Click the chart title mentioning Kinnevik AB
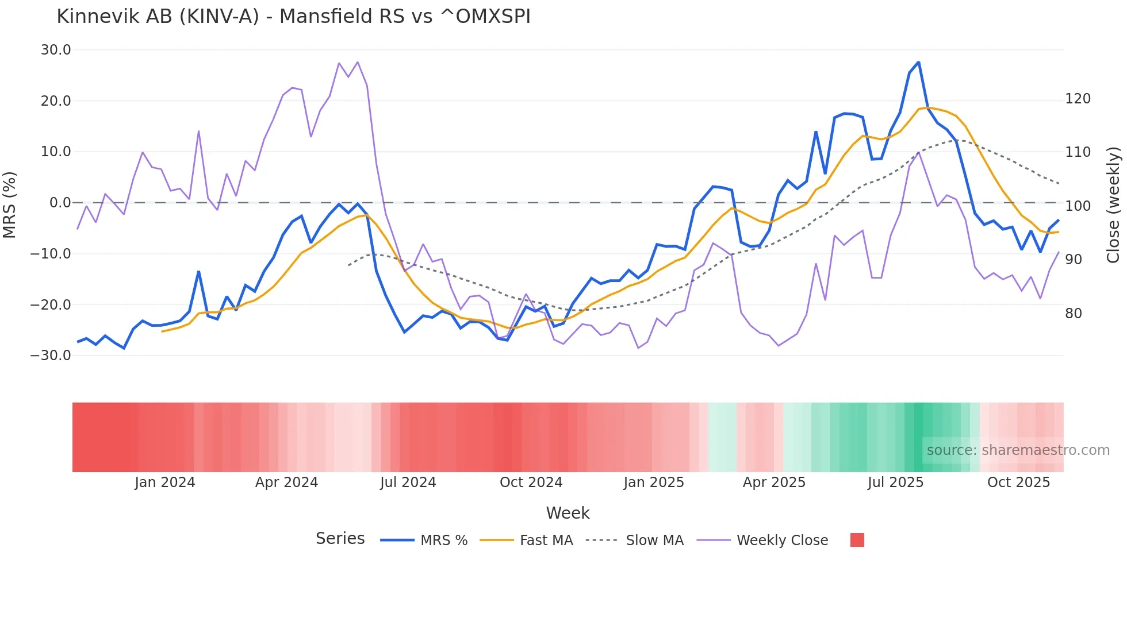[293, 16]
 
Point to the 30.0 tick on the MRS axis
[56, 50]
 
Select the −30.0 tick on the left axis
[51, 356]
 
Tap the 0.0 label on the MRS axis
[60, 203]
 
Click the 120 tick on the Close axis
[1078, 99]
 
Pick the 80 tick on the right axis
[1074, 314]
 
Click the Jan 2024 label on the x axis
[165, 483]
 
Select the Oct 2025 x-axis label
[1018, 483]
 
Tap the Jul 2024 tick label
[408, 483]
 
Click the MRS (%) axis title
[9, 205]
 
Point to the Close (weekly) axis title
[1113, 205]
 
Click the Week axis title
[568, 513]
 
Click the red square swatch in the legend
[857, 540]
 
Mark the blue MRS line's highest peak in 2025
[918, 62]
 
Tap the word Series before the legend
[340, 539]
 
